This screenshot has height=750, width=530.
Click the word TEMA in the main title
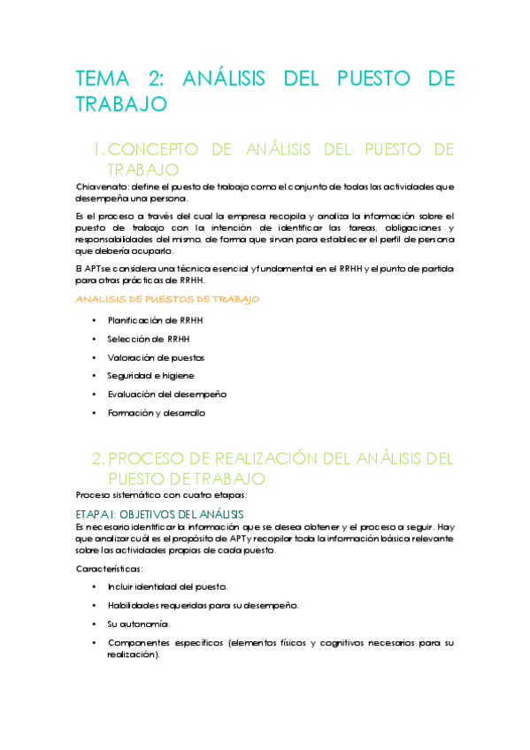(103, 78)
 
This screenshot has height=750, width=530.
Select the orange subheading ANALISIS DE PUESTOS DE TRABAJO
(168, 300)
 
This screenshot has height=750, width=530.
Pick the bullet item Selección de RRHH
(148, 339)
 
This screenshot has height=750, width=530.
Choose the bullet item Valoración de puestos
(156, 357)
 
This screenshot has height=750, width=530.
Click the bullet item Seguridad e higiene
(150, 376)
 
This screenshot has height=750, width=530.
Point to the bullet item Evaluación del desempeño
(167, 394)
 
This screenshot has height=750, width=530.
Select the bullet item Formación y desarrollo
(157, 412)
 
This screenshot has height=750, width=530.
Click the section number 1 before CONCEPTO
(100, 147)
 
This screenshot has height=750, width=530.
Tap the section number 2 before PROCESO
(99, 458)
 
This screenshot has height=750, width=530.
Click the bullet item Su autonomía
(138, 624)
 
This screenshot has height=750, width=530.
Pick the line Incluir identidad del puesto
(167, 586)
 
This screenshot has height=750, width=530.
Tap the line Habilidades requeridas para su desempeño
(203, 605)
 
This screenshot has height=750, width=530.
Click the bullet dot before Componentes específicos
(95, 642)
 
